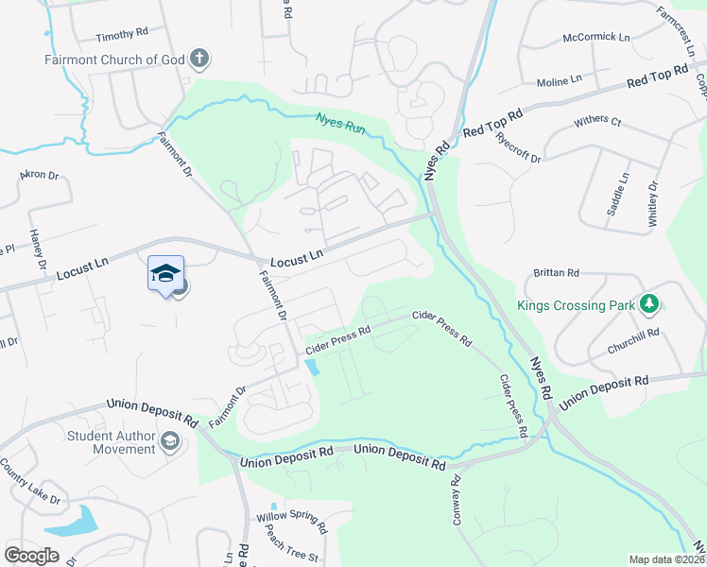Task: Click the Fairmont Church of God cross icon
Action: click(x=198, y=60)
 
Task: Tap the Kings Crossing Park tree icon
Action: click(x=648, y=304)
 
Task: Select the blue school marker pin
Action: click(x=165, y=274)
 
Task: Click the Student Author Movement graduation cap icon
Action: click(x=169, y=440)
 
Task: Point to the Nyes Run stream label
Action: click(x=341, y=123)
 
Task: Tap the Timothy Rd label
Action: click(x=122, y=33)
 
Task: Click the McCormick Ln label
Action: click(x=595, y=38)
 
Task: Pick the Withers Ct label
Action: click(x=597, y=122)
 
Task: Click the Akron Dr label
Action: click(x=40, y=176)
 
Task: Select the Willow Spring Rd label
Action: click(x=291, y=520)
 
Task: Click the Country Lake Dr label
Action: click(x=30, y=482)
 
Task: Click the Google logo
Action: click(x=31, y=555)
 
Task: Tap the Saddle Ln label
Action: click(x=617, y=194)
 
